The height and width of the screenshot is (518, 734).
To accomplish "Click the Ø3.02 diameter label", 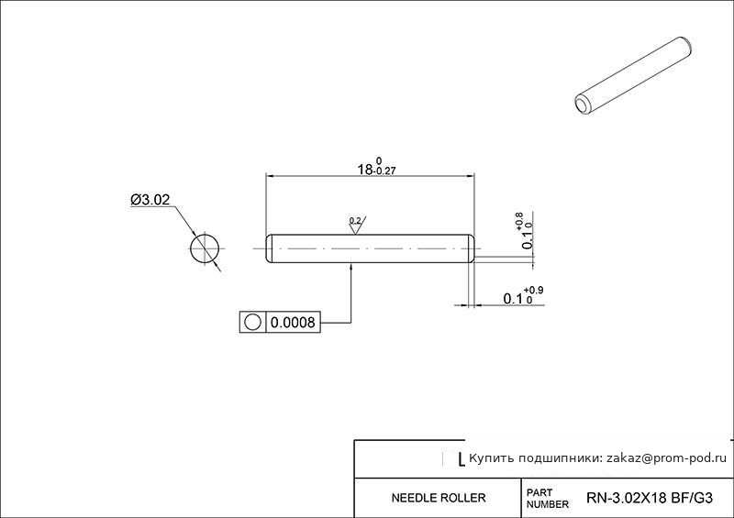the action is pyautogui.click(x=150, y=200).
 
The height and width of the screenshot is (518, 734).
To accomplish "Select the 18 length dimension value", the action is pyautogui.click(x=365, y=170).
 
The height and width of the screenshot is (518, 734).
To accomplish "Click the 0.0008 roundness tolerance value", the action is pyautogui.click(x=293, y=323).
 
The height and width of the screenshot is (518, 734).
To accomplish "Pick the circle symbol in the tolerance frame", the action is pyautogui.click(x=252, y=323).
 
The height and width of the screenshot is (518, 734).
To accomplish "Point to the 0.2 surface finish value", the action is pyautogui.click(x=355, y=220).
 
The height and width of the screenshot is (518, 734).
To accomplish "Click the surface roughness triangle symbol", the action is pyautogui.click(x=356, y=229).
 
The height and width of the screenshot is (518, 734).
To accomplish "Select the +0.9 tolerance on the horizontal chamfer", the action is pyautogui.click(x=534, y=291).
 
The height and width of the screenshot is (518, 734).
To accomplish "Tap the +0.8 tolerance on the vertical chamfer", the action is pyautogui.click(x=519, y=221).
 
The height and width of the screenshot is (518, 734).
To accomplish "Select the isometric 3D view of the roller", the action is pyautogui.click(x=633, y=75).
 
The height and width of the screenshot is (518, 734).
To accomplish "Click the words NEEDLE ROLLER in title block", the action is pyautogui.click(x=439, y=498).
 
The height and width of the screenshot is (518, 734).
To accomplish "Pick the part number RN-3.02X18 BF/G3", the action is pyautogui.click(x=650, y=498).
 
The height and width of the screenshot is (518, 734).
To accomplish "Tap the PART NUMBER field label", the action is pyautogui.click(x=547, y=499).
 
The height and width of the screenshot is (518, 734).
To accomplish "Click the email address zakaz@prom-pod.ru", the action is pyautogui.click(x=667, y=458).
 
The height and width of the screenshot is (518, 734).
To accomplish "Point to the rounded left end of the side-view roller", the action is pyautogui.click(x=269, y=248).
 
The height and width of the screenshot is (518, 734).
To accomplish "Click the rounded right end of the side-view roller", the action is pyautogui.click(x=472, y=248).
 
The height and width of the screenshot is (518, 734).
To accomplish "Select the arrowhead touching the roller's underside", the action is pyautogui.click(x=351, y=267).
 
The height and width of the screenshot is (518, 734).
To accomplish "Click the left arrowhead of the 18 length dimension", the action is pyautogui.click(x=271, y=176).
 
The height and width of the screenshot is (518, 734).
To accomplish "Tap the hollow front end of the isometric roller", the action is pyautogui.click(x=584, y=105).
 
